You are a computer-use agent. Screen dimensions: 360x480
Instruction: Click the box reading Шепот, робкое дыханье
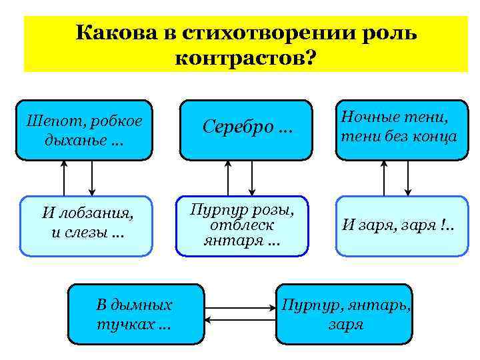click(84, 130)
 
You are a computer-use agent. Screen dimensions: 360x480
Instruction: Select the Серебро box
click(247, 130)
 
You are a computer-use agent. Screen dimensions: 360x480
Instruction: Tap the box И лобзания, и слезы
click(87, 225)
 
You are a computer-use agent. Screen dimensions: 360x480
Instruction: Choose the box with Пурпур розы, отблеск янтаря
click(242, 225)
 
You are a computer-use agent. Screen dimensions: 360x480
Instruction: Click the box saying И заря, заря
click(401, 225)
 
